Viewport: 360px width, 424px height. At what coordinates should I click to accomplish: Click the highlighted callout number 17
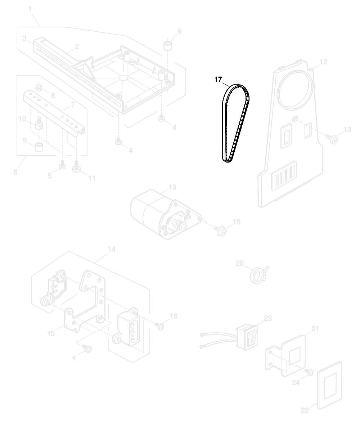[x=218, y=79]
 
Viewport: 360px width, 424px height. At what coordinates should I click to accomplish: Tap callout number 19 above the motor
[x=172, y=187]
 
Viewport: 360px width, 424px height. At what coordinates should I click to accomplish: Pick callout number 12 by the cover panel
[x=323, y=62]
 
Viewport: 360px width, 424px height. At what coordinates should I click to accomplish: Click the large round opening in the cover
[x=296, y=92]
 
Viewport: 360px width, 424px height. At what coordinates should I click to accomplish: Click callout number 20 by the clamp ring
[x=239, y=263]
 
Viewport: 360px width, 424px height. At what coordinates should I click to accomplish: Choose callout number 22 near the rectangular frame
[x=305, y=410]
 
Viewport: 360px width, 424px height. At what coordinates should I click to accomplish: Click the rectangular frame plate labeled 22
[x=329, y=385]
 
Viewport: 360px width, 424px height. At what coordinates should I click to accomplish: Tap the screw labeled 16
[x=160, y=326]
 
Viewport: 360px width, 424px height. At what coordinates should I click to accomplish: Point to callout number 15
[x=51, y=334]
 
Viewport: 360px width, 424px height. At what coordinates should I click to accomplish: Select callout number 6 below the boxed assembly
[x=15, y=172]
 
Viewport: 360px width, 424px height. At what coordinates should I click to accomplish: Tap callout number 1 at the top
[x=30, y=9]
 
